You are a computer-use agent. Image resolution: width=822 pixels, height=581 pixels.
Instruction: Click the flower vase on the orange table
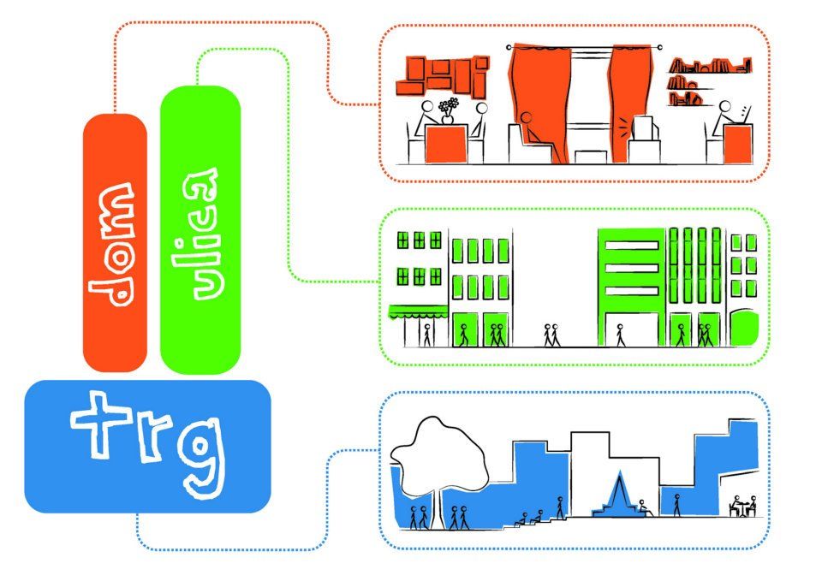point(447,110)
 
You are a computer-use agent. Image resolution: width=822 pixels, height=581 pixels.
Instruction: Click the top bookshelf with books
point(709,66)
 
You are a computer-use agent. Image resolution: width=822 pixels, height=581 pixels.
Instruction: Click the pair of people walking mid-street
point(551,335)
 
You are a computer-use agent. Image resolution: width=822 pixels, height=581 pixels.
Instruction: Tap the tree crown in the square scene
point(439,456)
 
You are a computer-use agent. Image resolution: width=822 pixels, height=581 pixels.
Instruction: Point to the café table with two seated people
point(743,506)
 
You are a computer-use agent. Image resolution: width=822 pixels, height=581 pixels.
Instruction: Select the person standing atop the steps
point(560,507)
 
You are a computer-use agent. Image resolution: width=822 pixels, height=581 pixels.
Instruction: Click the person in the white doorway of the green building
point(620,335)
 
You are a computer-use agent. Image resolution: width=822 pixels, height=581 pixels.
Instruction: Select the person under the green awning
point(427,335)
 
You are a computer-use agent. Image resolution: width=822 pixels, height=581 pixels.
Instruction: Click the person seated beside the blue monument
point(645,507)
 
